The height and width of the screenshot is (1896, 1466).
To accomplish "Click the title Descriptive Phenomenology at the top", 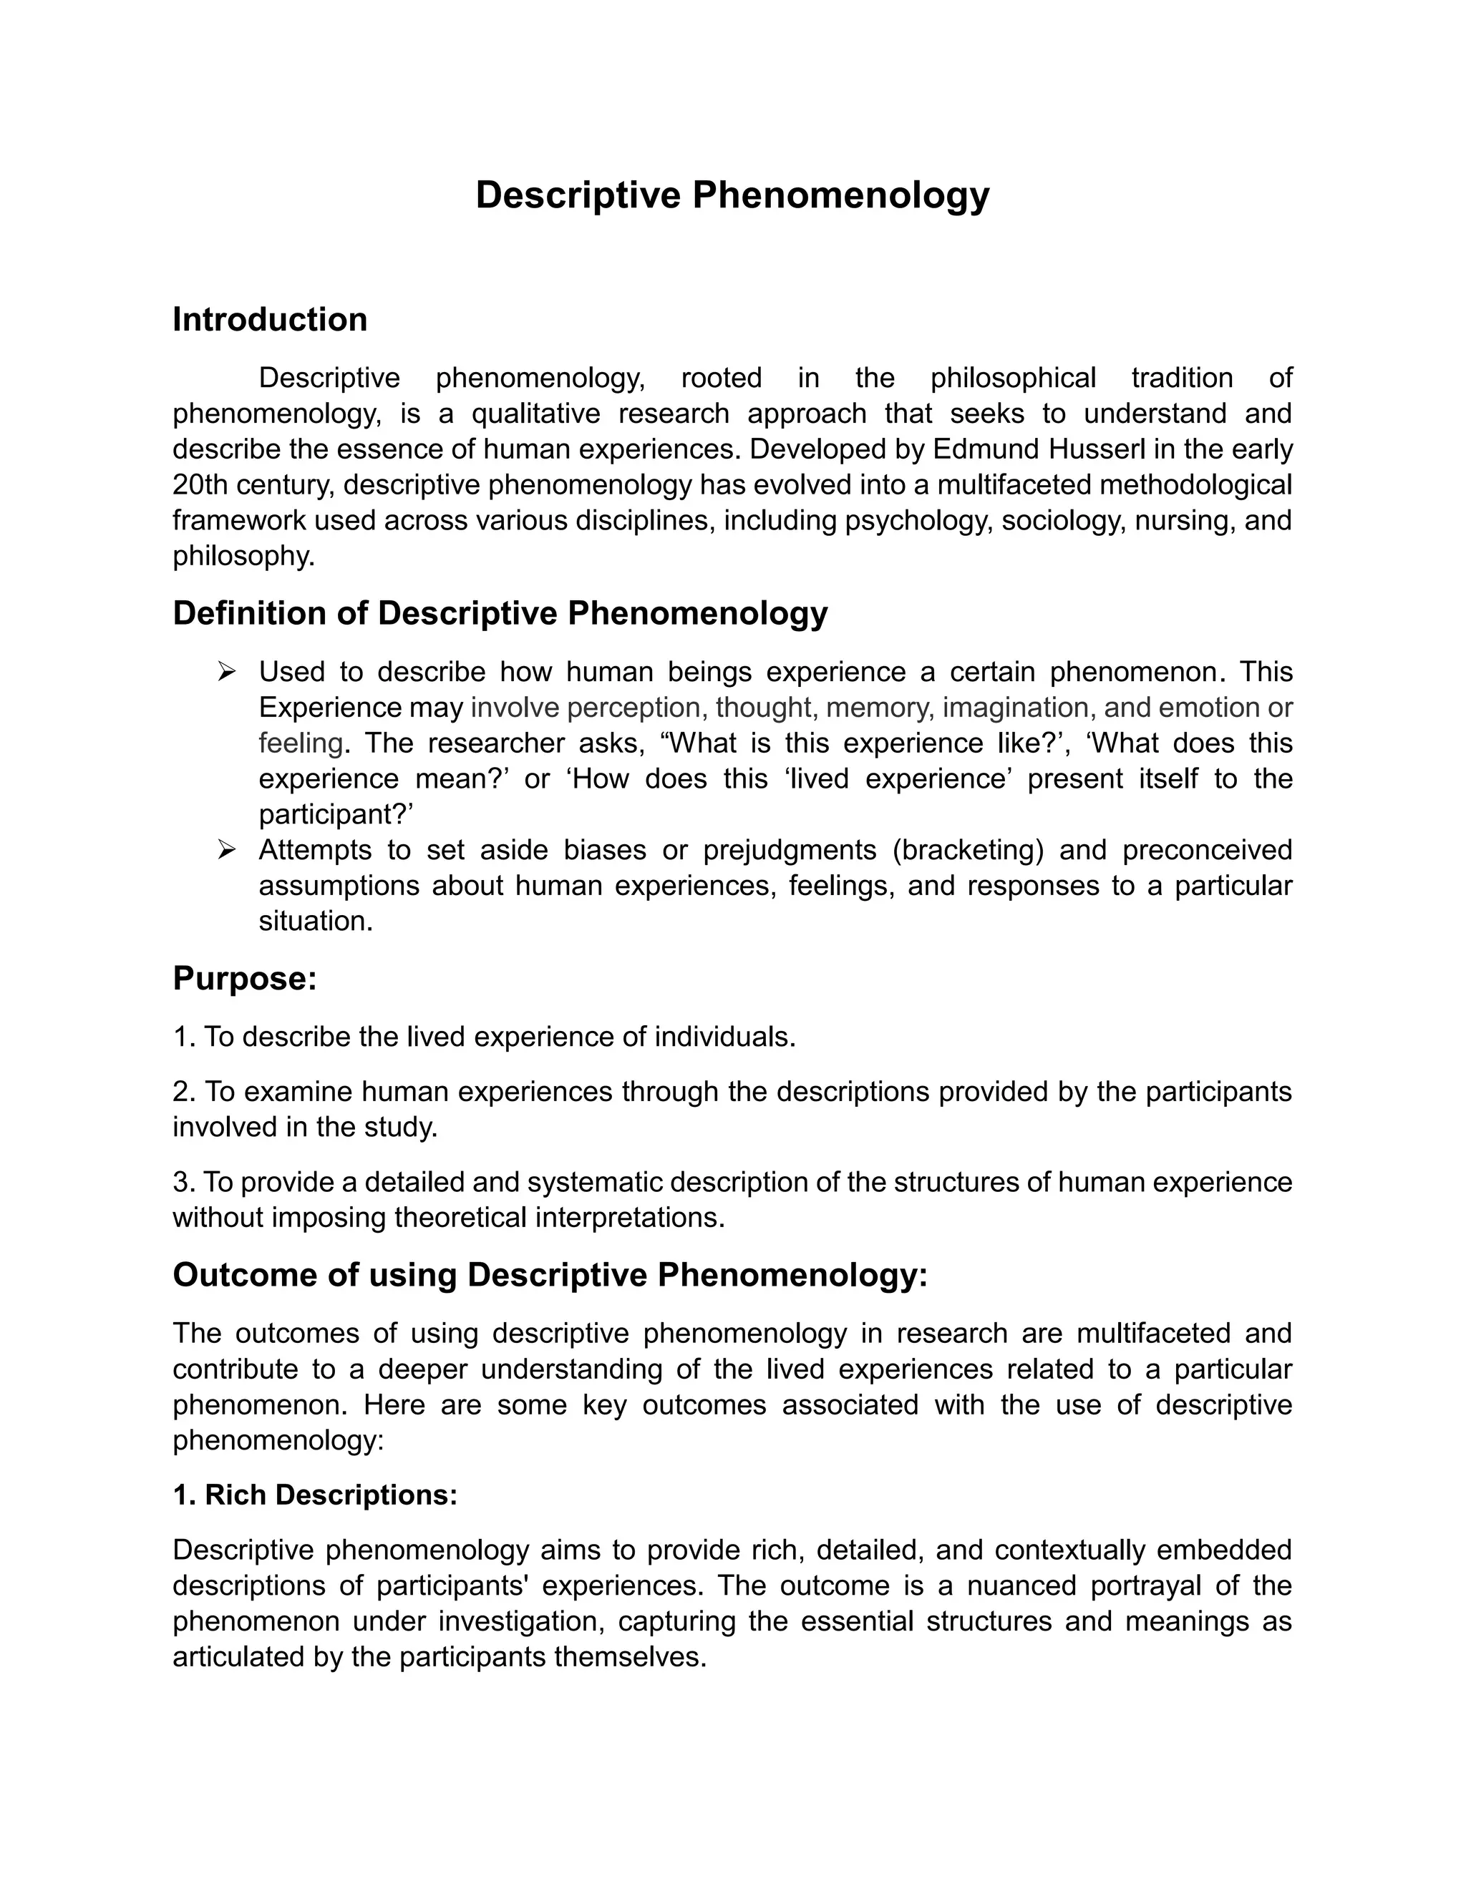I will (732, 195).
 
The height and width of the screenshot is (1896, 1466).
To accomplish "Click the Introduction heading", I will (269, 320).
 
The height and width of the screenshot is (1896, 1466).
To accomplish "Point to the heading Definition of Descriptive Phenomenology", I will (500, 614).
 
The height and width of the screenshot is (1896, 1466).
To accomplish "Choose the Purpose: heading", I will (244, 979).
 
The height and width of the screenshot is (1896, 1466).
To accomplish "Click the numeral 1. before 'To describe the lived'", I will (184, 1037).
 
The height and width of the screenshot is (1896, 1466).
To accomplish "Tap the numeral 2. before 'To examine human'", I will (184, 1092).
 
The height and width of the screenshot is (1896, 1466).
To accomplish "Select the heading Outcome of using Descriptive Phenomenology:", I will (550, 1275).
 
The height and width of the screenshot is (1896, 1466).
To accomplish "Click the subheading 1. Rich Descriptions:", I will (314, 1495).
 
